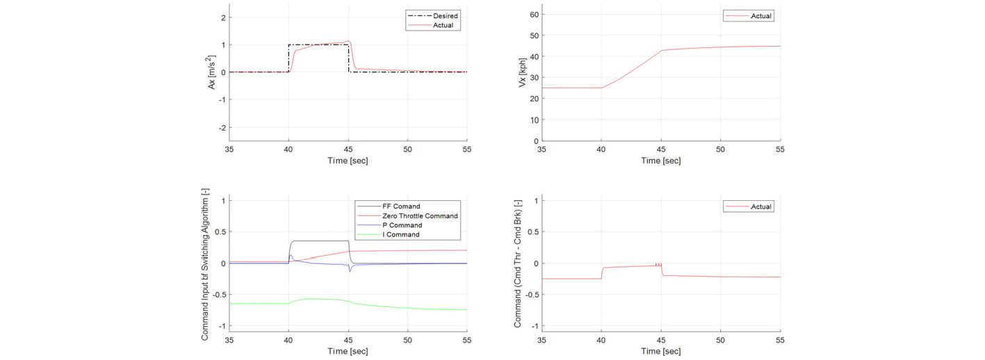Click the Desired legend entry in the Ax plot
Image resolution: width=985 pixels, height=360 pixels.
coord(433,16)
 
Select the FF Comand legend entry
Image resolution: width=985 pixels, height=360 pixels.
coord(389,206)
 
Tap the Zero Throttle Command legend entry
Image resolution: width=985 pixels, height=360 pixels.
coord(407,216)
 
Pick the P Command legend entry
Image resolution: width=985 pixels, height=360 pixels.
coord(390,225)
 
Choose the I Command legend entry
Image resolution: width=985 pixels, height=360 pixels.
coord(389,234)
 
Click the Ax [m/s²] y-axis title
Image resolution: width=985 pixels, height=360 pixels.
coord(211,72)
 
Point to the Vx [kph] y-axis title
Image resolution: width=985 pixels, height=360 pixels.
coord(523,72)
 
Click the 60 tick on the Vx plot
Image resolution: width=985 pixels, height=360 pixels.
coord(534,15)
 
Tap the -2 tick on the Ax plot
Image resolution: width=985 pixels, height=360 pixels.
coord(222,127)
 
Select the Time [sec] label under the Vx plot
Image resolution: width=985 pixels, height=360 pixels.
coord(660,161)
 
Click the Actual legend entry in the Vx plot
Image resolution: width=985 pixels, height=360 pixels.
coord(749,16)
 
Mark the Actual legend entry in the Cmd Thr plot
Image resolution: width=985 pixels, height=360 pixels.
coord(749,206)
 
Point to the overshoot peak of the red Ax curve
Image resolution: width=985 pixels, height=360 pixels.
coord(348,41)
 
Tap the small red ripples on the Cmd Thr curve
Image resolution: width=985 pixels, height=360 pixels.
coord(658,264)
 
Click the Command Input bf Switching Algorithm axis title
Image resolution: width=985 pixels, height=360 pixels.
coord(205,264)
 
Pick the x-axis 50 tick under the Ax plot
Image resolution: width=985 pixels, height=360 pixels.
coord(407,149)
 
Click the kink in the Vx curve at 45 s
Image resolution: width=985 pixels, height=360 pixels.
coord(661,50)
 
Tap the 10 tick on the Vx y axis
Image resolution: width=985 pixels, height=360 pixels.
coord(534,120)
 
